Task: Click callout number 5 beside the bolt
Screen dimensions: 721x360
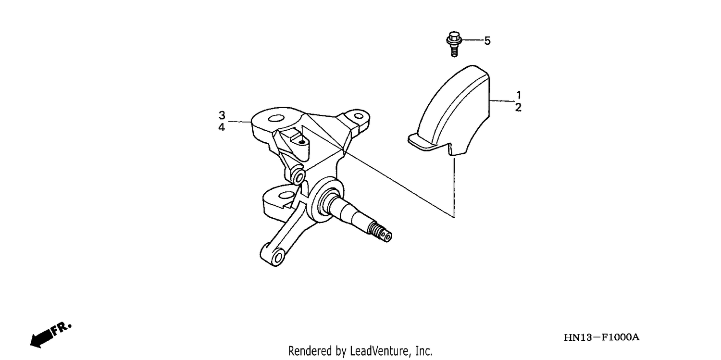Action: [487, 41]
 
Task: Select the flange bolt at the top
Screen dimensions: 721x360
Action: [454, 44]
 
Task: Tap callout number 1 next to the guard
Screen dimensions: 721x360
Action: [519, 95]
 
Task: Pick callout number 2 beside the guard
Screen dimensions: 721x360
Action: [518, 108]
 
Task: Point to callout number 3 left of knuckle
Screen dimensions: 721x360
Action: [222, 115]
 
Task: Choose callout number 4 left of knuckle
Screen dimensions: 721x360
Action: [222, 127]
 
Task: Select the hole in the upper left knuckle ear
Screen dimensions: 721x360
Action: [275, 118]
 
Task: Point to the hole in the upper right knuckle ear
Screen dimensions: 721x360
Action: [358, 115]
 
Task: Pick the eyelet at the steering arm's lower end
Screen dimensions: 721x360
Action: [277, 257]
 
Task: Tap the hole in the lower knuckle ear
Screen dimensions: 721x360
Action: [285, 195]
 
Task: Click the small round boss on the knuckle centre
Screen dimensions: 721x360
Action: [298, 176]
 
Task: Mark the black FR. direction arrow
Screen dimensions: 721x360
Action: [41, 339]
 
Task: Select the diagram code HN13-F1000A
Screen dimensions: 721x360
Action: [602, 337]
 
